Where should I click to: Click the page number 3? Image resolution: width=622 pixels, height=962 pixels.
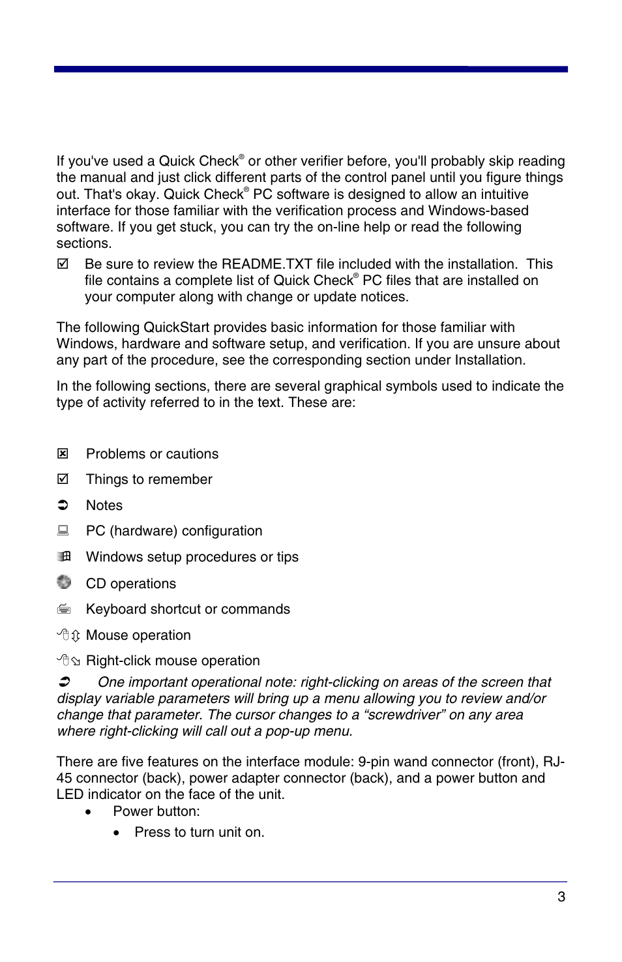(x=561, y=897)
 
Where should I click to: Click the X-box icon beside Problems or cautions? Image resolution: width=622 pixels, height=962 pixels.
(x=63, y=453)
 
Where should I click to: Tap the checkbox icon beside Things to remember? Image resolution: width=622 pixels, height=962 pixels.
(x=63, y=479)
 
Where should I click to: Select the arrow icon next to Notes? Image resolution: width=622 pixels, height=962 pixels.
(x=63, y=505)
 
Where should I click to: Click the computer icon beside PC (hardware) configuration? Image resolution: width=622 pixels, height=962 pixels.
(x=63, y=530)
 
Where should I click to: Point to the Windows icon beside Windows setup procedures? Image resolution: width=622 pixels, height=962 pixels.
(x=63, y=556)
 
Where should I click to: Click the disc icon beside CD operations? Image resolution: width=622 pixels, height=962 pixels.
(x=63, y=582)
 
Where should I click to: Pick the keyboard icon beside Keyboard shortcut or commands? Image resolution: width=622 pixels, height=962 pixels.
(x=63, y=609)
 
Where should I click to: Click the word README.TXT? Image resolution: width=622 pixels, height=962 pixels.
(x=267, y=264)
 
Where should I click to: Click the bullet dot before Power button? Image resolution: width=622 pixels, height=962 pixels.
(x=88, y=812)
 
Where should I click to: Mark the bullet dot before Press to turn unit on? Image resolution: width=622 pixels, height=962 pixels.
(x=117, y=833)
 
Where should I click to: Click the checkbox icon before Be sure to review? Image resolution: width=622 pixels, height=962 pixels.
(x=63, y=263)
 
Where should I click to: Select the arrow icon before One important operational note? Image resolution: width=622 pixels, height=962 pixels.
(x=64, y=682)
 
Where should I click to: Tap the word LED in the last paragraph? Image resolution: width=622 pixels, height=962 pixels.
(x=70, y=794)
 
